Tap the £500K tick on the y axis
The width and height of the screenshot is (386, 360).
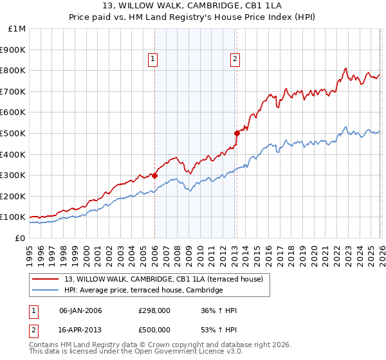click(13, 133)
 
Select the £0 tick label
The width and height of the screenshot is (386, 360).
click(20, 238)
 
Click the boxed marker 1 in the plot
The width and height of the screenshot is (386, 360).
click(153, 60)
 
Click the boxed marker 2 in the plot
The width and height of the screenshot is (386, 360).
click(235, 60)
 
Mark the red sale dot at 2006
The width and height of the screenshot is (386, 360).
click(154, 175)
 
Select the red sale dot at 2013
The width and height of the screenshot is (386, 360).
click(237, 133)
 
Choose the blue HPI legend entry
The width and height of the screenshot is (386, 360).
click(143, 291)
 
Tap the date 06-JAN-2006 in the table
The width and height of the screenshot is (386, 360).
click(80, 311)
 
